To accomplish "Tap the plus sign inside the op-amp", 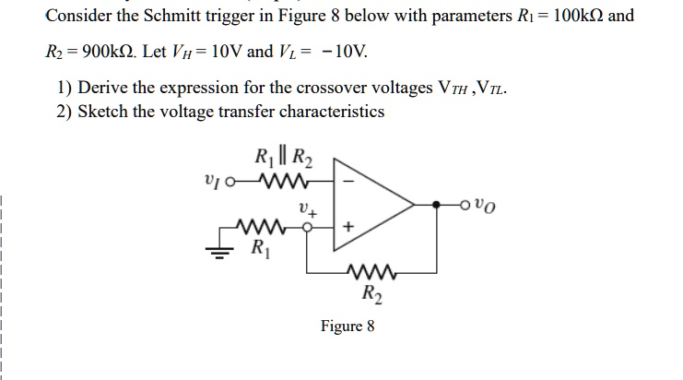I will pyautogui.click(x=347, y=227).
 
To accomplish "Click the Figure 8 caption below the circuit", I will pyautogui.click(x=347, y=326).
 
